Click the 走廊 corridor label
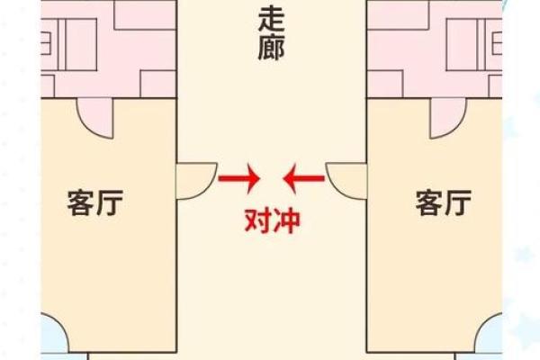point(272,34)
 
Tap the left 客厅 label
point(95,202)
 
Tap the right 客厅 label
point(443,202)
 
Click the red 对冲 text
point(272,221)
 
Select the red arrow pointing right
point(239,178)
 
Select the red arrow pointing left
point(303,178)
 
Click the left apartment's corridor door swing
point(196,181)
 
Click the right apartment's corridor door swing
point(346,181)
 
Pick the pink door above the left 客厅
point(95,118)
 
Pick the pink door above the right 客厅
point(448,118)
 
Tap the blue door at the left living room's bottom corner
point(55,333)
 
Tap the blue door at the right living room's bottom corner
point(489,333)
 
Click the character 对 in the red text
point(257,221)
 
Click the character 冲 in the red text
point(286,221)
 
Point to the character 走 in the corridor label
point(272,20)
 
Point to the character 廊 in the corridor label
point(272,48)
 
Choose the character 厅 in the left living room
point(110,202)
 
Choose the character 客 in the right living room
point(428,202)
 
